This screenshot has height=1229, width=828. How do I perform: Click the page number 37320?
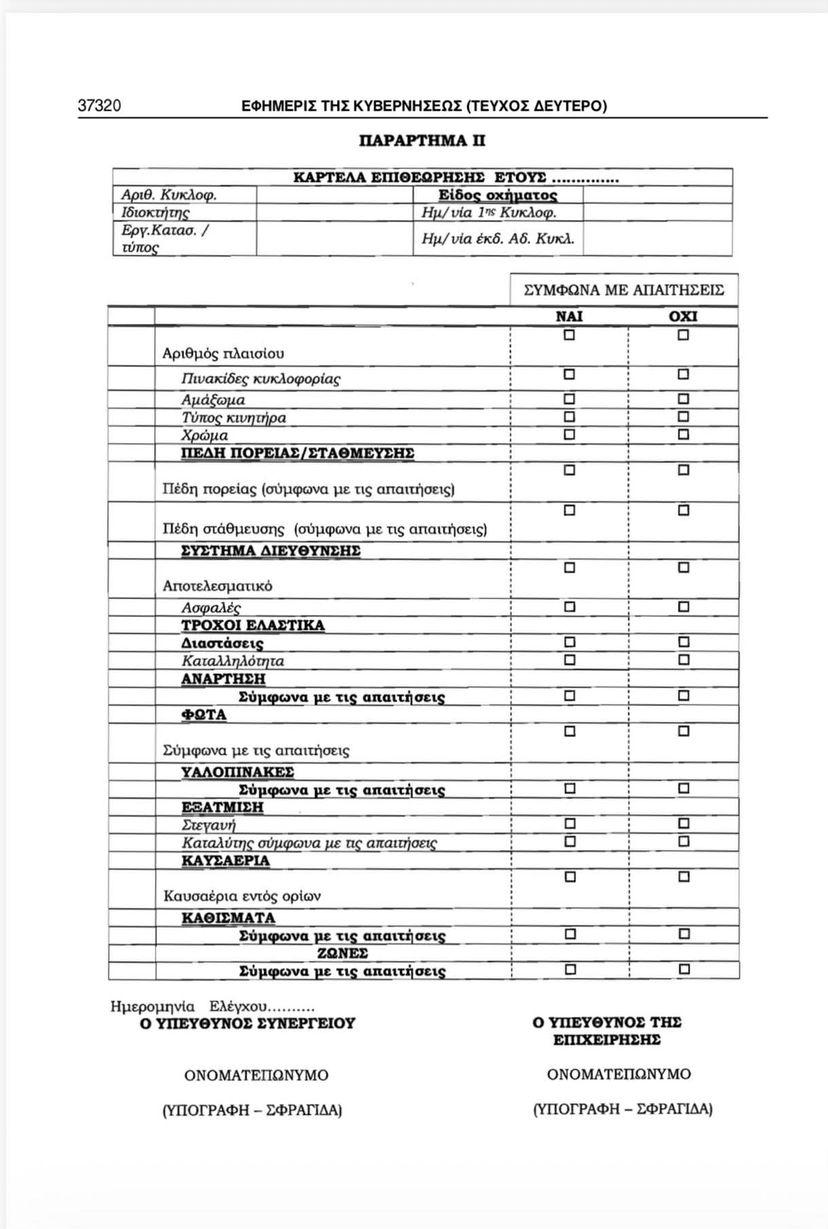pyautogui.click(x=99, y=106)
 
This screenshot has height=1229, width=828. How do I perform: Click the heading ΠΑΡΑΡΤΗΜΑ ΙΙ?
pyautogui.click(x=422, y=141)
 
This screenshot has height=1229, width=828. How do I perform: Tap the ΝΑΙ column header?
pyautogui.click(x=569, y=317)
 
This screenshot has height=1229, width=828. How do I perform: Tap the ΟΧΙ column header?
pyautogui.click(x=683, y=317)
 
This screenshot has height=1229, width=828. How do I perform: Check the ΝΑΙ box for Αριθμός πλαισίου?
pyautogui.click(x=569, y=335)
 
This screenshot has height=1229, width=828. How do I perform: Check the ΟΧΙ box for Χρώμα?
pyautogui.click(x=683, y=434)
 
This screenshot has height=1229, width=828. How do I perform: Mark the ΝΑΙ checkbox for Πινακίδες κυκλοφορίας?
pyautogui.click(x=569, y=374)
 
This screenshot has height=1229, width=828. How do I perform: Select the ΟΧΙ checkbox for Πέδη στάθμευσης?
pyautogui.click(x=683, y=510)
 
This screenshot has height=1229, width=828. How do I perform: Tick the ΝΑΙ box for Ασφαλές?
pyautogui.click(x=569, y=606)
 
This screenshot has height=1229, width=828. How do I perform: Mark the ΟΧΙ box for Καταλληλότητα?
pyautogui.click(x=683, y=660)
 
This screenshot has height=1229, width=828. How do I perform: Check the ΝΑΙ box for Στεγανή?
pyautogui.click(x=570, y=824)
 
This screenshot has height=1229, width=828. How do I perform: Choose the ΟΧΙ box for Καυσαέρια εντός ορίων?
pyautogui.click(x=684, y=877)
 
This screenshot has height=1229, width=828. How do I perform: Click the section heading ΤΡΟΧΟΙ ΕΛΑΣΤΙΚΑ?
pyautogui.click(x=253, y=625)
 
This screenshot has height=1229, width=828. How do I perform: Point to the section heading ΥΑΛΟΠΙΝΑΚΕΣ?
pyautogui.click(x=237, y=772)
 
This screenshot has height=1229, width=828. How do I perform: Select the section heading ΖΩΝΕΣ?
pyautogui.click(x=342, y=952)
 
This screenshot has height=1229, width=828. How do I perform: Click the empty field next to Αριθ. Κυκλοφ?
pyautogui.click(x=334, y=195)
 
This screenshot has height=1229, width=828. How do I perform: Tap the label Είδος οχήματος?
pyautogui.click(x=497, y=196)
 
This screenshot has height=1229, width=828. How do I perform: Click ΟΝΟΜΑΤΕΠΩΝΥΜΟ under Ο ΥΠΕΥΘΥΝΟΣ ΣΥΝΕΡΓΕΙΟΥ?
pyautogui.click(x=256, y=1075)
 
